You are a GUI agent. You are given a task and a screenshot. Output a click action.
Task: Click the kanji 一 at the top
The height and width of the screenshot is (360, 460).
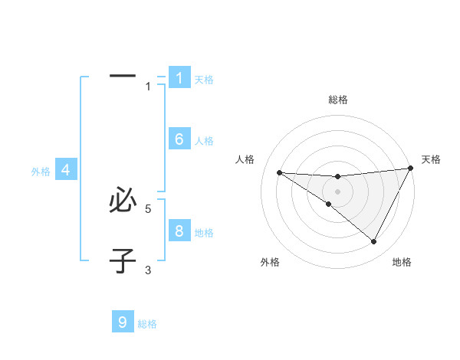123,76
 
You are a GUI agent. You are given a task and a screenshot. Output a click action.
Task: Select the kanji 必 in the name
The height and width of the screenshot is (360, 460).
123,200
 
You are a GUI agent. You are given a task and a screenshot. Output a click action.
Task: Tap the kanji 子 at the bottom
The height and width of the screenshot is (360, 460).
123,260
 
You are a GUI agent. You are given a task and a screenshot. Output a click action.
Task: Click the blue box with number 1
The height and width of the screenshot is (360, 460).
179,78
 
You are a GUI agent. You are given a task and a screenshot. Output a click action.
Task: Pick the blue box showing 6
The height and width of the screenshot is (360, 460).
179,139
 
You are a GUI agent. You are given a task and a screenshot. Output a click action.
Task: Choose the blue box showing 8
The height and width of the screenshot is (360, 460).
179,231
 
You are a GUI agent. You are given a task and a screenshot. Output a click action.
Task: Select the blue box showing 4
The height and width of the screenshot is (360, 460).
66,170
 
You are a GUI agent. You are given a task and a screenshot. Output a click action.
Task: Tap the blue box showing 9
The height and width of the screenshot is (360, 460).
123,322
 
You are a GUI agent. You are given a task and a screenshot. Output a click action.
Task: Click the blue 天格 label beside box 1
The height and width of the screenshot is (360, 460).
203,80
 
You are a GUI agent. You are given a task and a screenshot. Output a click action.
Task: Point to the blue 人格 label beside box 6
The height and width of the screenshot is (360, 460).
203,141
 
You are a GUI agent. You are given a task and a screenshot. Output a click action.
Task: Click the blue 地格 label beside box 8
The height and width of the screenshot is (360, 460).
203,233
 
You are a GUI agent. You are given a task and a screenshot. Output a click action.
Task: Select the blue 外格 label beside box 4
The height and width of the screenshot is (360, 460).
41,172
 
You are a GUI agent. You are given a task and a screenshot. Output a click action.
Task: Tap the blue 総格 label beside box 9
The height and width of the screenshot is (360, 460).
147,325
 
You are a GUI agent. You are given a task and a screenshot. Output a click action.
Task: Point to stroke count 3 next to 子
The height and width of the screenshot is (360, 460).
148,270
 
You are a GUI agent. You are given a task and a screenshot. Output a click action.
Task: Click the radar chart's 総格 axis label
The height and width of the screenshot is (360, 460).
337,100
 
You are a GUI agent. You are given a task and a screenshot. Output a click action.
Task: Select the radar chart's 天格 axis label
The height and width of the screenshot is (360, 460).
431,159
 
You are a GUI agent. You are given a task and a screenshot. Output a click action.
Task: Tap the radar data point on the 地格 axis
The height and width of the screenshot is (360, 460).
373,242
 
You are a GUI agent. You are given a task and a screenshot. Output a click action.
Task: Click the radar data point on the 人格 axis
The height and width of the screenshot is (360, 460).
280,172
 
